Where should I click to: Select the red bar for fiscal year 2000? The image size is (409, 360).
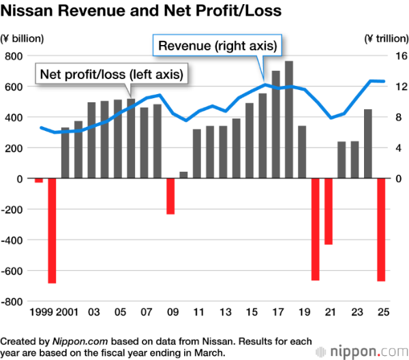tap(52, 230)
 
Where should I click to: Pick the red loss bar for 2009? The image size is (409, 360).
tap(170, 196)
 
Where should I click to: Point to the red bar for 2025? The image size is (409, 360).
tap(381, 230)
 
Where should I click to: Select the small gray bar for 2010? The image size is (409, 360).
tap(183, 175)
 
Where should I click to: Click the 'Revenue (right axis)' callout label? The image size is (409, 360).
tap(217, 46)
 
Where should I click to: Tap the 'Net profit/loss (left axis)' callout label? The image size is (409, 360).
tap(112, 74)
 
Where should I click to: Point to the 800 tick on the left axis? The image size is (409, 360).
tap(14, 56)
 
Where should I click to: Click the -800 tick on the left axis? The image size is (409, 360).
tap(12, 301)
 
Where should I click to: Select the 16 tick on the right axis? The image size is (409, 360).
tap(397, 56)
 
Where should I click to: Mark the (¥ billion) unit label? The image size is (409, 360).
tap(20, 38)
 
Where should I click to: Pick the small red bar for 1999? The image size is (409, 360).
tap(39, 180)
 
